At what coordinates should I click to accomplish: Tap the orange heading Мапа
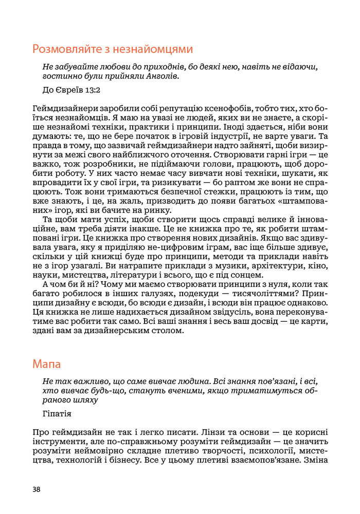click(x=46, y=364)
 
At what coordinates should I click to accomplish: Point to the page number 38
click(x=36, y=489)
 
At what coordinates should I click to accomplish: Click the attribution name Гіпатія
click(x=57, y=413)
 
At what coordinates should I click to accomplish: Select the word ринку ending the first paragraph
click(x=159, y=210)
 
